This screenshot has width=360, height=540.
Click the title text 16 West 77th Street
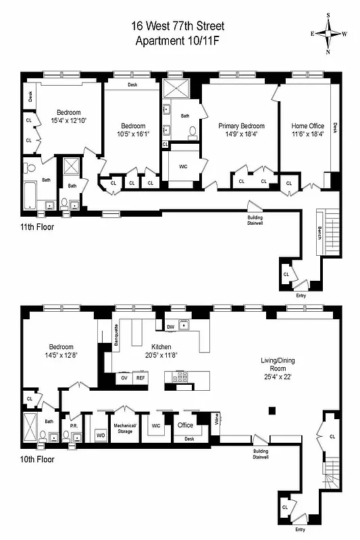point(180,26)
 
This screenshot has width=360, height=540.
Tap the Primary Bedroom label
point(241,126)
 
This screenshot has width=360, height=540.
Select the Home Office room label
point(307,126)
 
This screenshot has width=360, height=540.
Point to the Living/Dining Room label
point(278,360)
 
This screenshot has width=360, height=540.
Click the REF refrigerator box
point(140,379)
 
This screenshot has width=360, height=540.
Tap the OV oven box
point(124,379)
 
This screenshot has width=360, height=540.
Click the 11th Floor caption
point(37,227)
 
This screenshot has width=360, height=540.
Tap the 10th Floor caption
point(37,459)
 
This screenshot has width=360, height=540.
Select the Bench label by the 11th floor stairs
point(319,236)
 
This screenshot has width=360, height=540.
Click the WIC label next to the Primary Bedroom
point(183,165)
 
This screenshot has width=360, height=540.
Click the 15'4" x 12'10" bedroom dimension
point(68,120)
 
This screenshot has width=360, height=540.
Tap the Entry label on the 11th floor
point(301,295)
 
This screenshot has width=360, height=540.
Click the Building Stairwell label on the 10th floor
point(261,454)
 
